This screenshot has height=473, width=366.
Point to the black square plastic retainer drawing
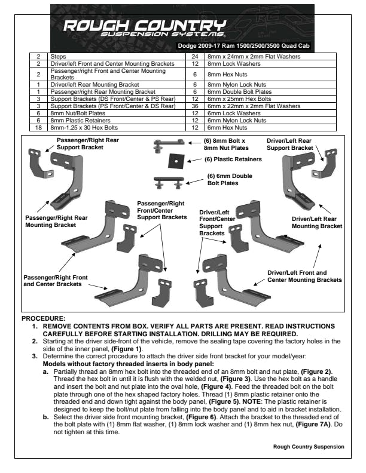coord(176,161)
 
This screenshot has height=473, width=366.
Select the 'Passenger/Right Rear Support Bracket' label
coord(85,143)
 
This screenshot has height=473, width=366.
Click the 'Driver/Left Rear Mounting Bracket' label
coord(316,223)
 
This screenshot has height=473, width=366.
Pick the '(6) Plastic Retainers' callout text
coord(233,159)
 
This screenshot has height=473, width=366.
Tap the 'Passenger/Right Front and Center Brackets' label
coord(55,281)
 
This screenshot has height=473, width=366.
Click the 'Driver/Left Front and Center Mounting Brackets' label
coord(304,276)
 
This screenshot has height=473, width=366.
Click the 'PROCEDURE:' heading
coord(43,319)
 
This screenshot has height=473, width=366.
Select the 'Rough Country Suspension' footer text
coord(308,446)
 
